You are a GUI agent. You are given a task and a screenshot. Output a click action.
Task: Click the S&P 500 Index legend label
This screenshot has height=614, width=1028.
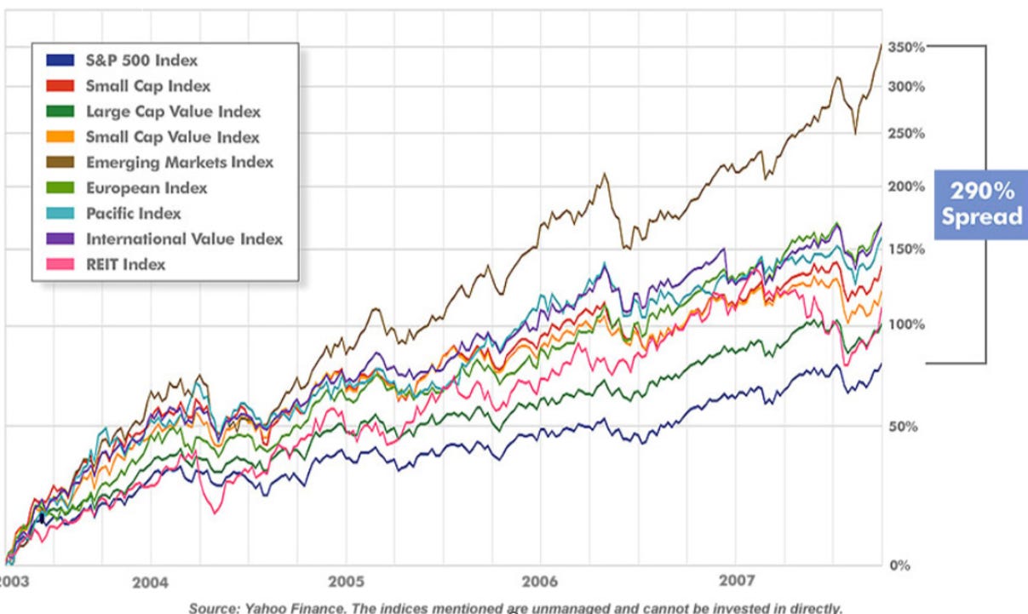coord(141,60)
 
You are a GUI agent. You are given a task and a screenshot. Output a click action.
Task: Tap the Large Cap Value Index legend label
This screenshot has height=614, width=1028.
coord(173,112)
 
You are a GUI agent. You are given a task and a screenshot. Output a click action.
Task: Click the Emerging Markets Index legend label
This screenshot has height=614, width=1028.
coord(179,162)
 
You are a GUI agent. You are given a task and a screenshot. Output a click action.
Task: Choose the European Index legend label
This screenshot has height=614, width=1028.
coord(146,187)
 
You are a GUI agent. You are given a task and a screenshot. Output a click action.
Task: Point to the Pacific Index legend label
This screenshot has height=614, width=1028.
coord(134,213)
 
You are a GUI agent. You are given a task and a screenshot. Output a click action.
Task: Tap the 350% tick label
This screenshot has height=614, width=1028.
coord(905,47)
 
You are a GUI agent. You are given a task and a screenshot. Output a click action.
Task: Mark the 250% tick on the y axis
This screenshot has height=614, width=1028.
coord(905,134)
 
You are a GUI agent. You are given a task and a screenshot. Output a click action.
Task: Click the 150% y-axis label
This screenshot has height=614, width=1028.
coord(905,249)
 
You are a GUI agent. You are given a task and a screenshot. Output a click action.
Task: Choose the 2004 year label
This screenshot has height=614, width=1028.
coord(150,582)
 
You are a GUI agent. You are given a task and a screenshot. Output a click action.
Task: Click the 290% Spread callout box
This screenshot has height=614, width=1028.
coord(981,204)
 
